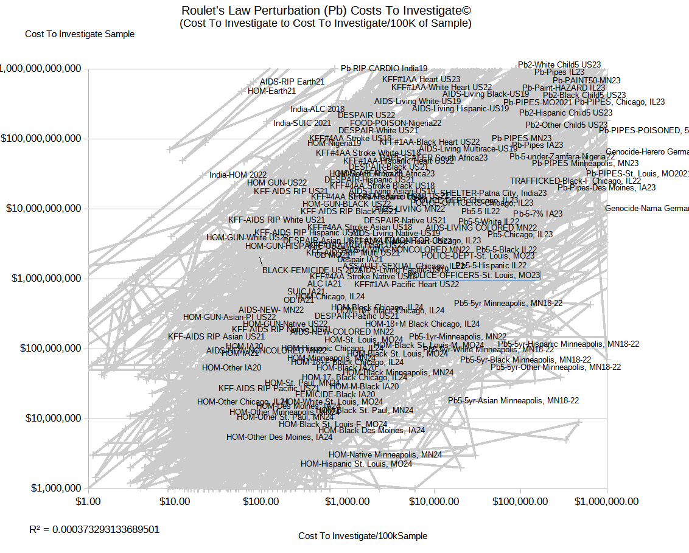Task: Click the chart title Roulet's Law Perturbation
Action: [326, 11]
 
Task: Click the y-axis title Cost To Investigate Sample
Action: [80, 34]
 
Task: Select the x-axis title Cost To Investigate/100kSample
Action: [362, 536]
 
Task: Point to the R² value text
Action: [94, 529]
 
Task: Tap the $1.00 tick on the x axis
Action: [88, 501]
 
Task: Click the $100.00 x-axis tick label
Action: [262, 501]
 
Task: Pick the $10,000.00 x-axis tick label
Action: [434, 501]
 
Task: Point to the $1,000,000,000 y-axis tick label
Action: [41, 279]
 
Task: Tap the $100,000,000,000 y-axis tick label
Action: [41, 139]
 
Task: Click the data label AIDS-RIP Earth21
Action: [292, 82]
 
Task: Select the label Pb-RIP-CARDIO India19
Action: [384, 69]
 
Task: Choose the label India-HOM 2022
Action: [238, 175]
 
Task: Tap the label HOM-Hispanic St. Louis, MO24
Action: [356, 464]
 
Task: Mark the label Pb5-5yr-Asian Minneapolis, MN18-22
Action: [513, 400]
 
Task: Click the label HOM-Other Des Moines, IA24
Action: [279, 437]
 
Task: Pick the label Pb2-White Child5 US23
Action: [559, 64]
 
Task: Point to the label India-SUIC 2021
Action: [302, 123]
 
